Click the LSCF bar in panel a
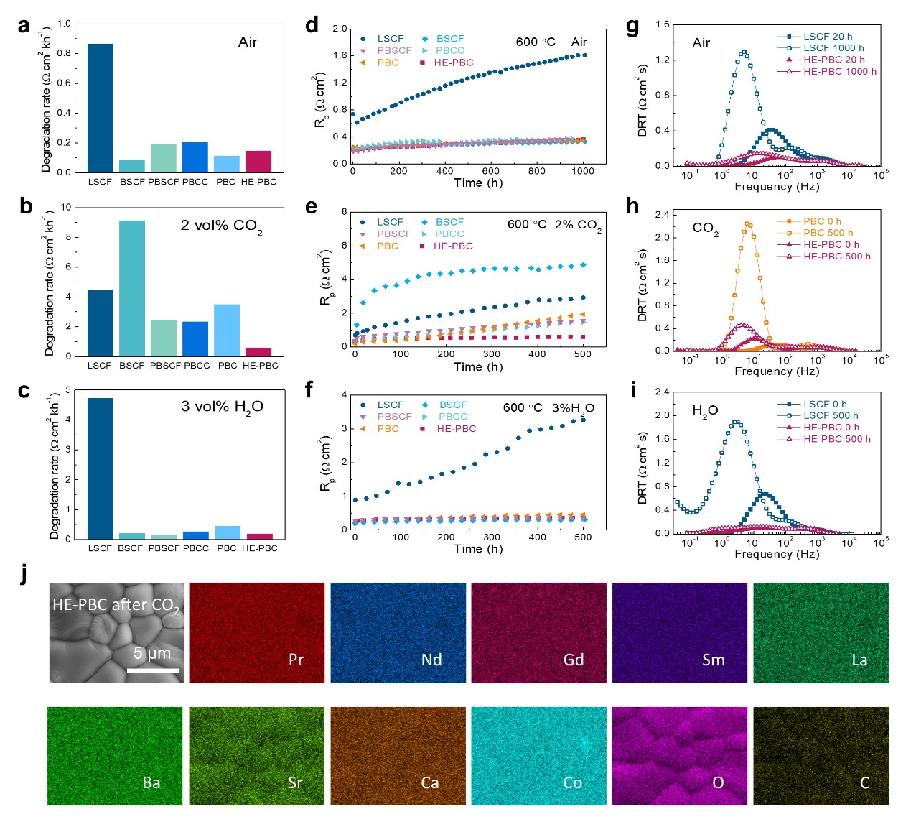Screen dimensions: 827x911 pyautogui.click(x=100, y=108)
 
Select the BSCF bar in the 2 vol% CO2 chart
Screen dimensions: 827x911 pyautogui.click(x=131, y=287)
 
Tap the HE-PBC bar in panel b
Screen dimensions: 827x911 pyautogui.click(x=258, y=351)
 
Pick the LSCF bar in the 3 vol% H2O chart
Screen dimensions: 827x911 pyautogui.click(x=100, y=468)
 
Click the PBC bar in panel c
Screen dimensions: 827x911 pyautogui.click(x=227, y=532)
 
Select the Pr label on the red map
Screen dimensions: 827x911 pyautogui.click(x=296, y=660)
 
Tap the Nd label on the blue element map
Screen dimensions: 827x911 pyautogui.click(x=431, y=660)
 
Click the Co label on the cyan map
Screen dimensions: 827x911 pyautogui.click(x=573, y=782)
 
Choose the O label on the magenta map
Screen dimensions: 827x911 pyautogui.click(x=718, y=782)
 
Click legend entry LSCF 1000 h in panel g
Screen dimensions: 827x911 pyautogui.click(x=833, y=48)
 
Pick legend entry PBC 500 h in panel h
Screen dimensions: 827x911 pyautogui.click(x=828, y=233)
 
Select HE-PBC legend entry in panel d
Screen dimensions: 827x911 pyautogui.click(x=453, y=63)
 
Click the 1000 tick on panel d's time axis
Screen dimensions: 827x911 pyautogui.click(x=583, y=171)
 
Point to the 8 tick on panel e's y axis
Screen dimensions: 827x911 pyautogui.click(x=345, y=212)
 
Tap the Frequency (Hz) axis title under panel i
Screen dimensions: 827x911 pyautogui.click(x=777, y=554)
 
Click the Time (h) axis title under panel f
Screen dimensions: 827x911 pyautogui.click(x=478, y=549)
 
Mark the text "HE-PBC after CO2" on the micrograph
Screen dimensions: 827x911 pyautogui.click(x=116, y=606)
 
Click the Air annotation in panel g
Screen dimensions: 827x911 pyautogui.click(x=701, y=43)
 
